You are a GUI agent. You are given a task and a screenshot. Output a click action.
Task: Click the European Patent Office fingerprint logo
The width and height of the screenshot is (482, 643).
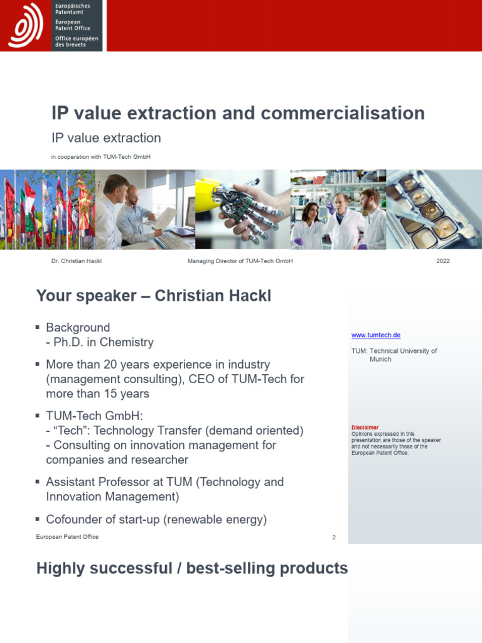pyautogui.click(x=26, y=25)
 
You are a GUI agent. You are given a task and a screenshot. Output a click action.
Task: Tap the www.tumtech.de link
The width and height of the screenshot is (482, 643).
pyautogui.click(x=375, y=335)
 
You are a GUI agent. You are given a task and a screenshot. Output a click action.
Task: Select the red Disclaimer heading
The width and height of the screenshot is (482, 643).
pyautogui.click(x=365, y=428)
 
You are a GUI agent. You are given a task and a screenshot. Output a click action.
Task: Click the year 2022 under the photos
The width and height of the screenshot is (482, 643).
pyautogui.click(x=442, y=261)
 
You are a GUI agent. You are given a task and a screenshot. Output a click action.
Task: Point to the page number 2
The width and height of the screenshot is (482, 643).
pyautogui.click(x=334, y=538)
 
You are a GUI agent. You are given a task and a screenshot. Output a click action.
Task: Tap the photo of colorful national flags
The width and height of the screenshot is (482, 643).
pyautogui.click(x=47, y=209)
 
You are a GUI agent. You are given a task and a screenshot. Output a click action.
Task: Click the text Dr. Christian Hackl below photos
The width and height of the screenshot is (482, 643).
pyautogui.click(x=76, y=261)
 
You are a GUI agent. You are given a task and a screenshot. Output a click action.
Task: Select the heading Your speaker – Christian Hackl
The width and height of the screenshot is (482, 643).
pyautogui.click(x=154, y=296)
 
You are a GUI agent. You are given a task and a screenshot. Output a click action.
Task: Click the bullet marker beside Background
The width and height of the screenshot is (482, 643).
pyautogui.click(x=39, y=328)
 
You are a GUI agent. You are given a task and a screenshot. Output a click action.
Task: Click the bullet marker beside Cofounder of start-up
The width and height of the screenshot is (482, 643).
pyautogui.click(x=39, y=519)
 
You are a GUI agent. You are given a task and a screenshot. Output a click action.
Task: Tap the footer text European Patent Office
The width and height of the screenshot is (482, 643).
pyautogui.click(x=67, y=537)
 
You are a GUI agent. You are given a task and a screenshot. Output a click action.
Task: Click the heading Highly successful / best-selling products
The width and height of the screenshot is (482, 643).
pyautogui.click(x=191, y=568)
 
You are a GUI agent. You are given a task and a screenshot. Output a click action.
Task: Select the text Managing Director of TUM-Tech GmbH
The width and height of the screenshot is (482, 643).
pyautogui.click(x=240, y=261)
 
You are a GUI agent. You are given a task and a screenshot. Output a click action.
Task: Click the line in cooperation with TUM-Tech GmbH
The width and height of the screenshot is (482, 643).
pyautogui.click(x=100, y=157)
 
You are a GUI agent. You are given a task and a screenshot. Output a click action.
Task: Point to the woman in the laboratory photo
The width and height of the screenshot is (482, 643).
pyautogui.click(x=311, y=223)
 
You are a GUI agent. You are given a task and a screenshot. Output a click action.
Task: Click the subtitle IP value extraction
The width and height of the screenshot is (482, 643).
pyautogui.click(x=106, y=138)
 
